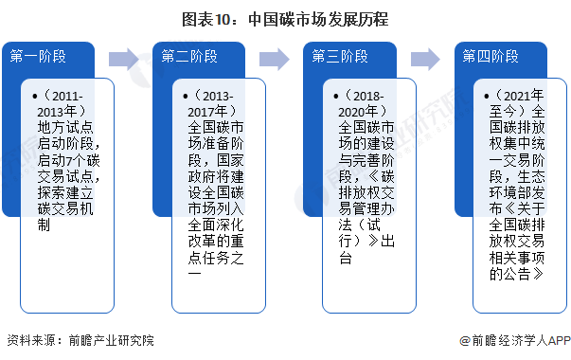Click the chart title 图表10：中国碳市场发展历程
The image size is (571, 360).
(x=285, y=17)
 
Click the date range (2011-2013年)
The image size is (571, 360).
(x=64, y=104)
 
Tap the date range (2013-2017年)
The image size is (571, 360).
(x=215, y=104)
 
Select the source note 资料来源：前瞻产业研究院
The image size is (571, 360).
(x=80, y=340)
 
